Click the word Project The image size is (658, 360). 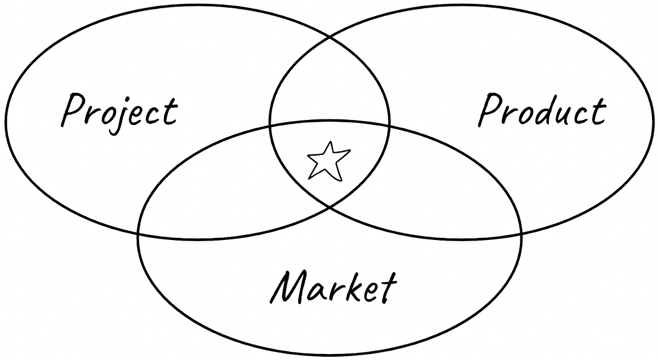tap(120, 111)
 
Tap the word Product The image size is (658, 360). tap(542, 111)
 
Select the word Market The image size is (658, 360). tap(333, 286)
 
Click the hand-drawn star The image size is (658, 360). tap(328, 161)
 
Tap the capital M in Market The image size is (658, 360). tap(289, 286)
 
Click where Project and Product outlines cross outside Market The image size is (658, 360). tap(330, 38)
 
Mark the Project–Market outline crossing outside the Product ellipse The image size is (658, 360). tap(139, 233)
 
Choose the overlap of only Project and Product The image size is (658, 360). tap(329, 82)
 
